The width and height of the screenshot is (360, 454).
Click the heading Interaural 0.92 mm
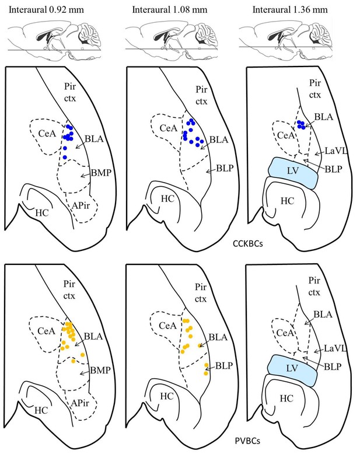[46, 9]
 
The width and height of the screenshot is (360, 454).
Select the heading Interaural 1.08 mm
[170, 9]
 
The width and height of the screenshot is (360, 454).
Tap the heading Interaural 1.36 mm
[290, 9]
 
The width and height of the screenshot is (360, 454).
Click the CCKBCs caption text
[248, 244]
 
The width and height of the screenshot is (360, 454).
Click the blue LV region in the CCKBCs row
[293, 173]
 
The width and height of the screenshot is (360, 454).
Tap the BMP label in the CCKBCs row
[101, 173]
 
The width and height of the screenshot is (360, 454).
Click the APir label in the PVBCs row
[80, 403]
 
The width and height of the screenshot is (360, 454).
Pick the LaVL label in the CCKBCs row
[335, 151]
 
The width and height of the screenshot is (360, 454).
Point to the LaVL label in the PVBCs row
[335, 348]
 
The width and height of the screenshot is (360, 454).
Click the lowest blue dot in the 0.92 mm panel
[65, 157]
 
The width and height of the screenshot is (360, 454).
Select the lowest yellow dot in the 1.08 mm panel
[206, 373]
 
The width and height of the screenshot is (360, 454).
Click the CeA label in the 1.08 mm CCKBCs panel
[169, 128]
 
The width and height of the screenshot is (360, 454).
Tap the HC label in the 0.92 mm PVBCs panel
[41, 410]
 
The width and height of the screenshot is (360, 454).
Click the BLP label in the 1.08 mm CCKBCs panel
[225, 168]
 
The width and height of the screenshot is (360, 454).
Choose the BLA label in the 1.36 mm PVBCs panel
[323, 315]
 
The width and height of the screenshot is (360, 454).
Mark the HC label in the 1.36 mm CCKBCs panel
[288, 201]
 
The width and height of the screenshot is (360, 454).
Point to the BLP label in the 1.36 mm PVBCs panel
[333, 367]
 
